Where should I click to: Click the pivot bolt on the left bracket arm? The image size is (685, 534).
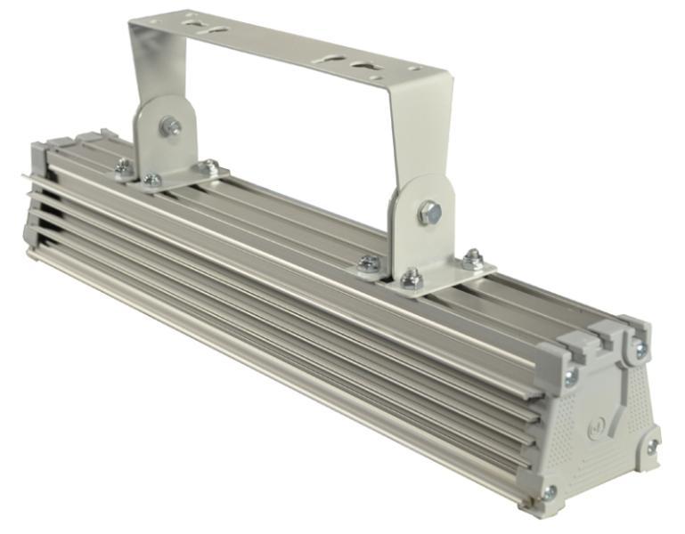(169, 126)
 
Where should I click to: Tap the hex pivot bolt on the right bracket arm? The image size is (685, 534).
(429, 212)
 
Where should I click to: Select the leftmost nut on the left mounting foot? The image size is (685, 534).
(125, 166)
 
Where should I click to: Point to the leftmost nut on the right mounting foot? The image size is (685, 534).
(369, 263)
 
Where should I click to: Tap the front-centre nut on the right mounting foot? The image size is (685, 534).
(411, 279)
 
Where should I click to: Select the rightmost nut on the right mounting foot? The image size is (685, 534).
(473, 259)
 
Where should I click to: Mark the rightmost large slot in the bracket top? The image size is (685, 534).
(363, 65)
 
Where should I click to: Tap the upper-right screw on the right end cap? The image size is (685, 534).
(640, 349)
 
